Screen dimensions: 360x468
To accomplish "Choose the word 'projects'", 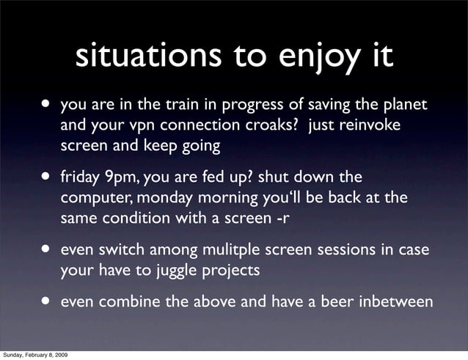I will click(x=227, y=271).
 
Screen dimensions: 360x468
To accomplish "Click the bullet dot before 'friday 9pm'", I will click(x=48, y=177).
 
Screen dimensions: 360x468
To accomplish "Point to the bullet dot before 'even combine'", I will click(x=48, y=301).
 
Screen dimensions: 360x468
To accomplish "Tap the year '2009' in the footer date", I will click(x=61, y=355).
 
